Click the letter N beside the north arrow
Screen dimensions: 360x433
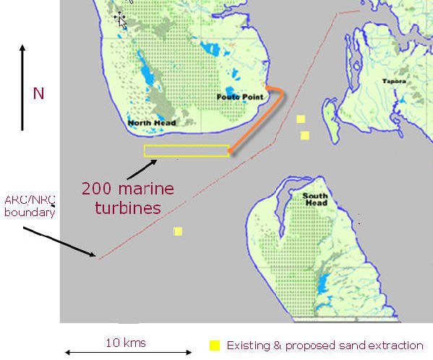click(x=38, y=93)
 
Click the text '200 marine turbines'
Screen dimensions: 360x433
click(x=127, y=198)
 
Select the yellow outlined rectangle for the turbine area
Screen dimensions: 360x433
click(x=187, y=151)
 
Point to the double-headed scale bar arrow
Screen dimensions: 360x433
click(x=127, y=353)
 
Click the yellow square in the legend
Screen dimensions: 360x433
click(x=214, y=346)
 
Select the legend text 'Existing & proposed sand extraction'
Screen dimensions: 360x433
click(x=325, y=346)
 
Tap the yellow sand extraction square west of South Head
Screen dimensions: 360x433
click(x=178, y=231)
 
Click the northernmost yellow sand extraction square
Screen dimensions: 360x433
click(x=301, y=119)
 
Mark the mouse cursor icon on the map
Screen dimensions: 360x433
click(x=120, y=19)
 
